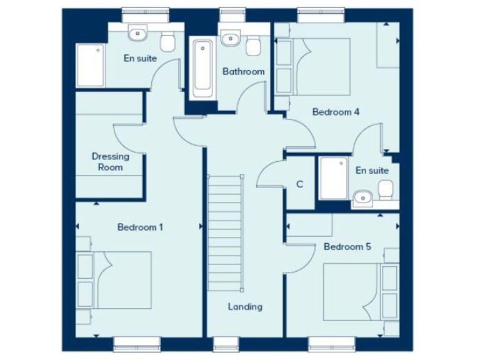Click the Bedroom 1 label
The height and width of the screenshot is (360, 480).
140,227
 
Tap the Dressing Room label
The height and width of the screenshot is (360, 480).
110,162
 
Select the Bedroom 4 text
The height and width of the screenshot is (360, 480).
336,112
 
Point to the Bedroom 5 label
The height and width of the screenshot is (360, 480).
347,247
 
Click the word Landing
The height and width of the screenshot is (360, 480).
244,307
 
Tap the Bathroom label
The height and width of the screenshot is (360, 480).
243,72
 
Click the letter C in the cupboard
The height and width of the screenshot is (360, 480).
299,184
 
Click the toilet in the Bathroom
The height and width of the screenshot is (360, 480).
253,45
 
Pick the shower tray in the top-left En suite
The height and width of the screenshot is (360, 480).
89,66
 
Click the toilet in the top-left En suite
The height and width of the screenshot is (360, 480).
167,42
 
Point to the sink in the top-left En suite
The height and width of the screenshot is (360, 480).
136,32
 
